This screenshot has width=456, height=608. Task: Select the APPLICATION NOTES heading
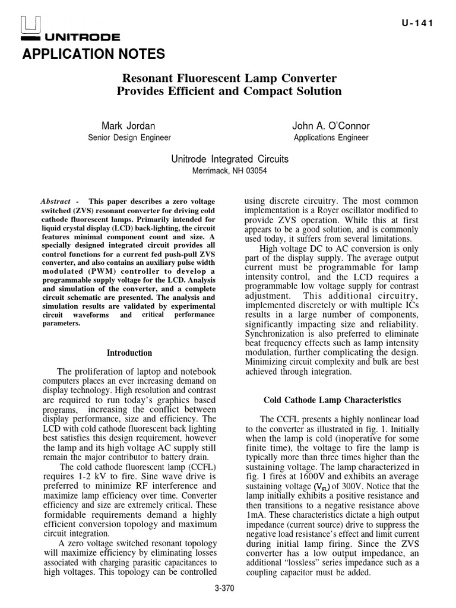(93, 55)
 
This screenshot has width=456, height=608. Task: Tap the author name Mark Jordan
(129, 126)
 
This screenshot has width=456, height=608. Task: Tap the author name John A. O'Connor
(331, 126)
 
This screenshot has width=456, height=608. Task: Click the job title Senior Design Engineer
(129, 138)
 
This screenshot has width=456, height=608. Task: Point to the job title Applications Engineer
(331, 138)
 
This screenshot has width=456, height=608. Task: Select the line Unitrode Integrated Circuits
(230, 159)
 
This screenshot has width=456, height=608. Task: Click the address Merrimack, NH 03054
(230, 170)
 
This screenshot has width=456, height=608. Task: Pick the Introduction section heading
(129, 353)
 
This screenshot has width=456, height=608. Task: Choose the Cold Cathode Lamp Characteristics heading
(332, 400)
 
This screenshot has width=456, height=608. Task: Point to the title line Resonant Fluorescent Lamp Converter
(230, 78)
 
